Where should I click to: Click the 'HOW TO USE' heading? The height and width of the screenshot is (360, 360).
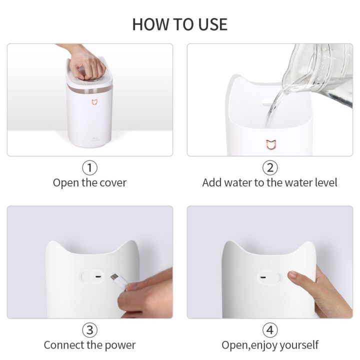pos(179,24)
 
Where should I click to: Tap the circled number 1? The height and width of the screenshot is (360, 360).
pos(89,167)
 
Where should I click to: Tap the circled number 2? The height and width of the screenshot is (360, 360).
pos(269,167)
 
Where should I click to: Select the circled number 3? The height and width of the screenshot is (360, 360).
pos(89,330)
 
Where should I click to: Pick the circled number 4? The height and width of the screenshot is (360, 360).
pos(269,330)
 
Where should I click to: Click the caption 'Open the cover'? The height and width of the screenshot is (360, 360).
pos(89,182)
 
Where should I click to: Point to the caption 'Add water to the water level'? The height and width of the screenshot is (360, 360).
pos(269,182)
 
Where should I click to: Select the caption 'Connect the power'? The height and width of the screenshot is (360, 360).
pos(89,345)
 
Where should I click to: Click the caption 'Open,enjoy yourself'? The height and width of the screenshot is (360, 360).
pos(269,345)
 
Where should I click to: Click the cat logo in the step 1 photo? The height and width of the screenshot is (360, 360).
pos(93,102)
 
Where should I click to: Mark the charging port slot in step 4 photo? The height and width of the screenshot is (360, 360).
pos(260,277)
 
